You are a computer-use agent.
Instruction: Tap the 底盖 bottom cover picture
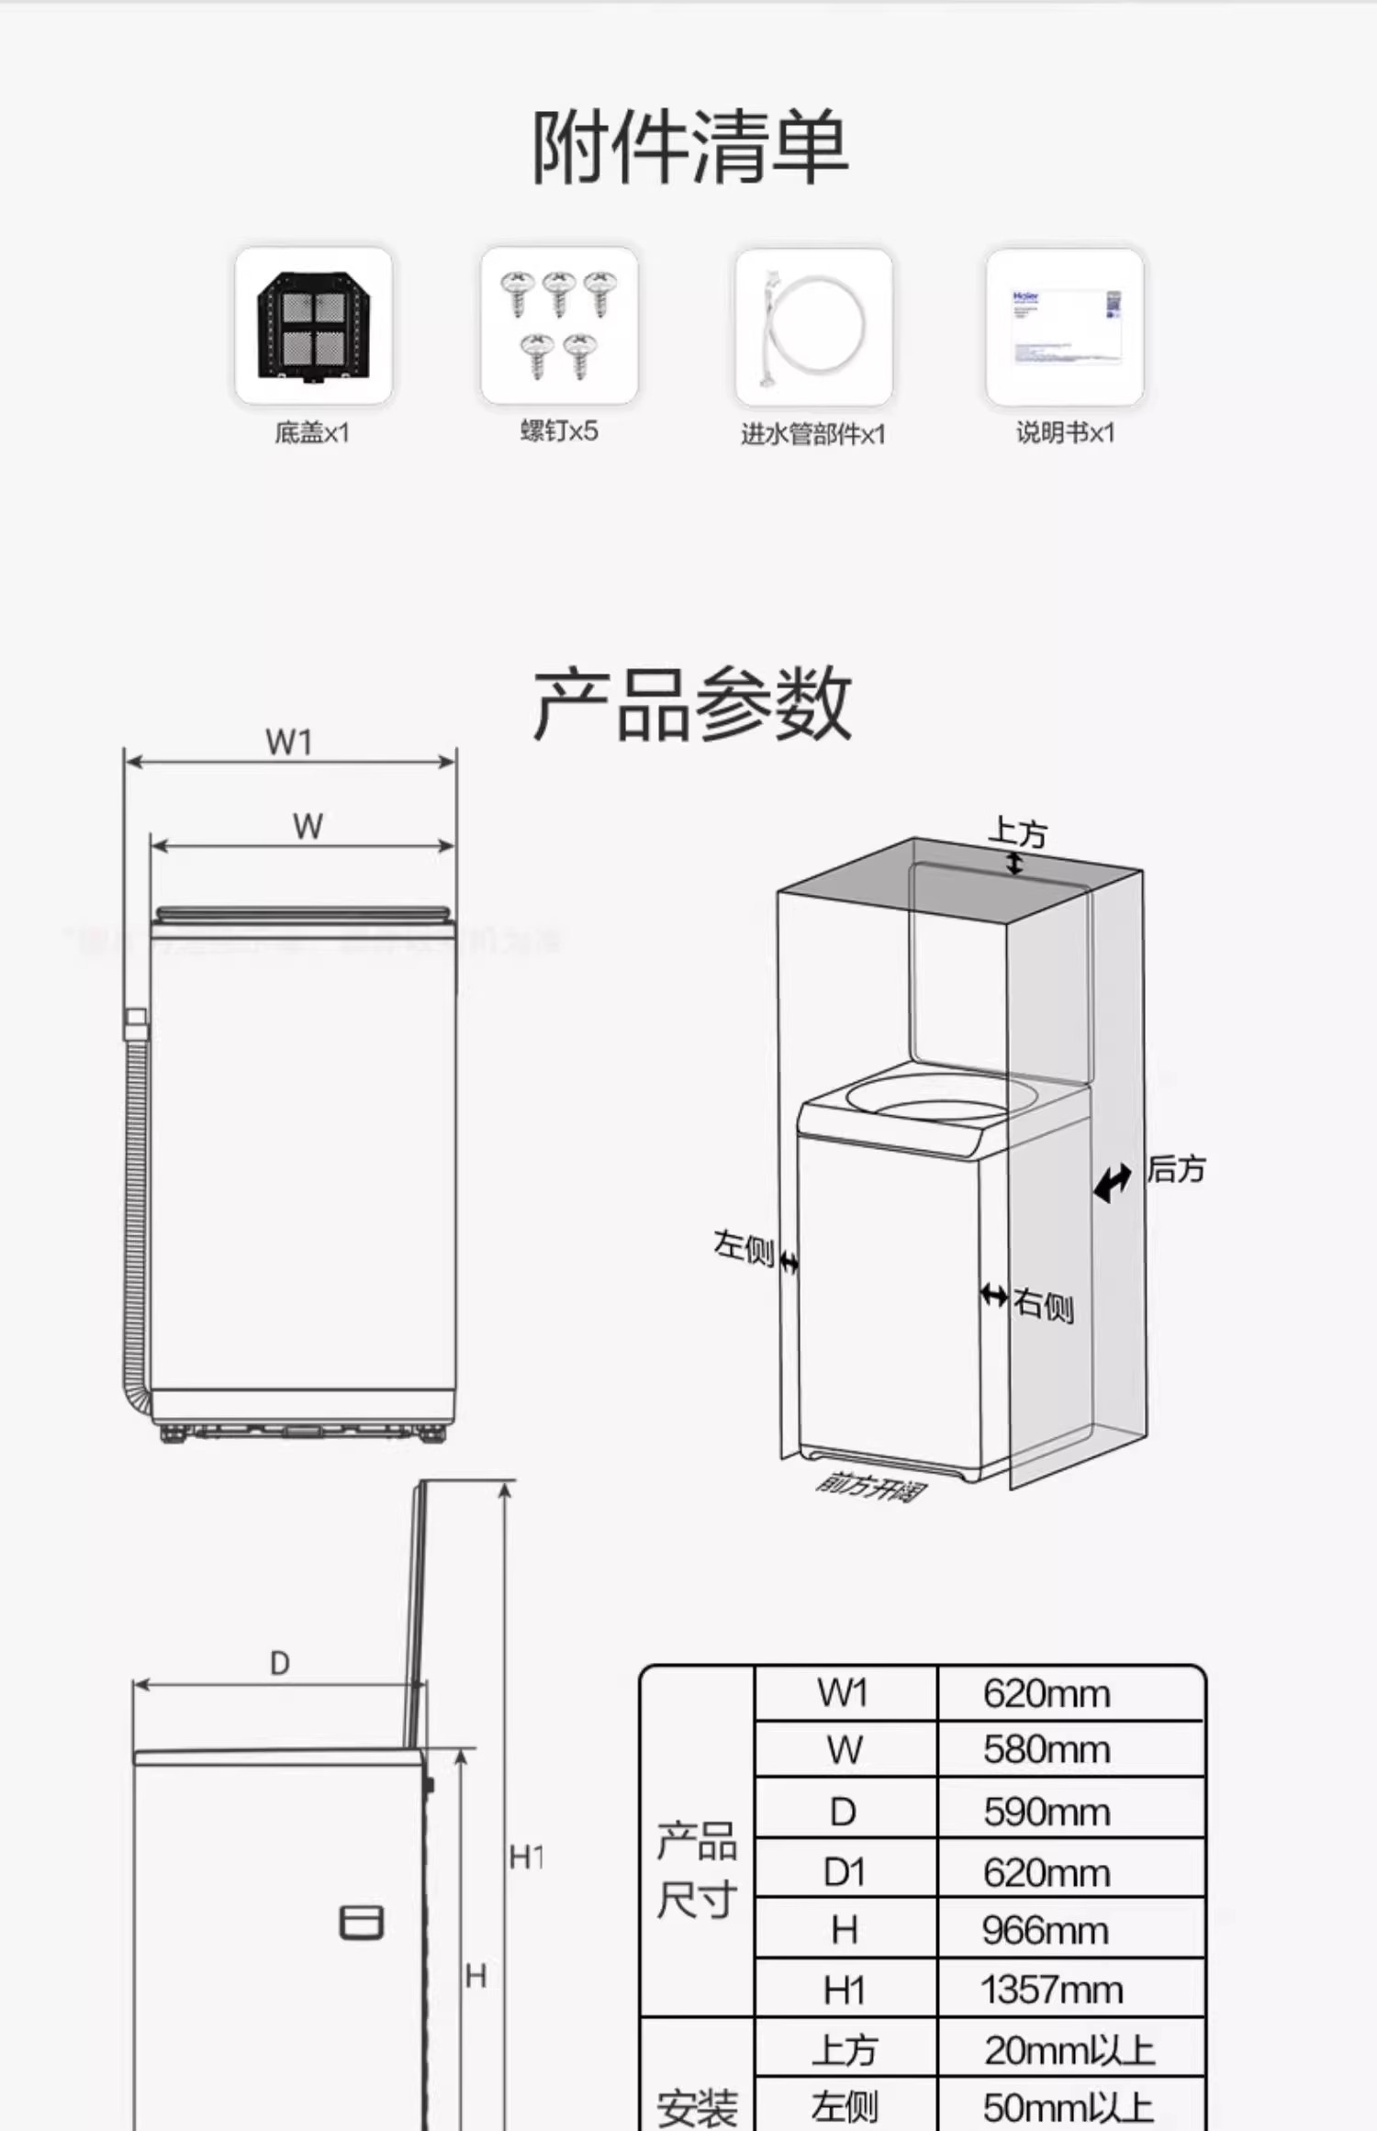pyautogui.click(x=313, y=326)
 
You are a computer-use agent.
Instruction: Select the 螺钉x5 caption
pyautogui.click(x=559, y=430)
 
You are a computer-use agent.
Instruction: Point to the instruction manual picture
pyautogui.click(x=1065, y=327)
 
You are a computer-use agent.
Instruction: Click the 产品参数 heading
pyautogui.click(x=692, y=704)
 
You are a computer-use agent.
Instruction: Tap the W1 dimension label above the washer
pyautogui.click(x=289, y=742)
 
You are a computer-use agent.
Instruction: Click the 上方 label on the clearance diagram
pyautogui.click(x=1017, y=832)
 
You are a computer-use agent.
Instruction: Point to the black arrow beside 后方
pyautogui.click(x=1113, y=1182)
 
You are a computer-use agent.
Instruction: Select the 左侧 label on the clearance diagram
pyautogui.click(x=744, y=1247)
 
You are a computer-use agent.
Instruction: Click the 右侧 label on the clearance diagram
pyautogui.click(x=1044, y=1304)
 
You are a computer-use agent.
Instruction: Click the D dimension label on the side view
pyautogui.click(x=280, y=1663)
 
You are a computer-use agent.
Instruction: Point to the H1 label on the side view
pyautogui.click(x=526, y=1858)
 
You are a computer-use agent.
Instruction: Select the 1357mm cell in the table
pyautogui.click(x=1052, y=1990)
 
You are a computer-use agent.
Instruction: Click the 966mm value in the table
pyautogui.click(x=1045, y=1930)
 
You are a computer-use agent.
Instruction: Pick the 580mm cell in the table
pyautogui.click(x=1047, y=1749)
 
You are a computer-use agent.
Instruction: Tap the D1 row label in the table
pyautogui.click(x=845, y=1872)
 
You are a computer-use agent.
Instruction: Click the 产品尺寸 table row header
pyautogui.click(x=697, y=1869)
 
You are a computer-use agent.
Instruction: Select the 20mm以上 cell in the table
pyautogui.click(x=1069, y=2049)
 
